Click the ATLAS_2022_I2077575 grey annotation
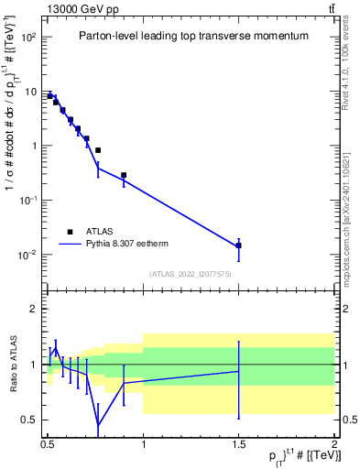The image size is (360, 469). (190, 273)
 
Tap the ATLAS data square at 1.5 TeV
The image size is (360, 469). (238, 245)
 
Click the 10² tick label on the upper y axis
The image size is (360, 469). (28, 38)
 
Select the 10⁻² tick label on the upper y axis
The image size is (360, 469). (28, 254)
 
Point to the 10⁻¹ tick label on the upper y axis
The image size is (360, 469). (28, 200)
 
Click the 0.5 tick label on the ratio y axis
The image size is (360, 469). (29, 420)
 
